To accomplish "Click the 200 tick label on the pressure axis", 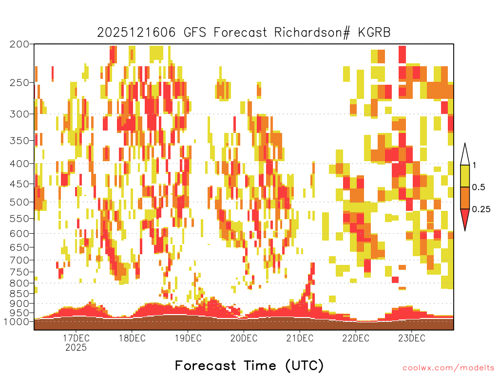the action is (x=19, y=44).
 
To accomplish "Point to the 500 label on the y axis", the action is (x=19, y=202).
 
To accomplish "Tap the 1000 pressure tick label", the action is (x=16, y=322).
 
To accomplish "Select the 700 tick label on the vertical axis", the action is (x=19, y=261).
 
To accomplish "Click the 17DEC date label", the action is (x=76, y=338).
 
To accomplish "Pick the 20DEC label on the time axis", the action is (x=244, y=338).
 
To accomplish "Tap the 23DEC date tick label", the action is (x=411, y=338).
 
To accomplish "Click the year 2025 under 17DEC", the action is (x=76, y=347).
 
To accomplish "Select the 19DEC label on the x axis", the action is (x=188, y=338).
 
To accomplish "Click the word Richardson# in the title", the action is (x=312, y=33).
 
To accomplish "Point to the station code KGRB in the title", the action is (x=374, y=33).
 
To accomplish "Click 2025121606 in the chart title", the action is (x=136, y=33).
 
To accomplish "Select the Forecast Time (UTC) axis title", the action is (x=249, y=366).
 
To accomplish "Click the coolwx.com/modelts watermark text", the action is (x=448, y=368).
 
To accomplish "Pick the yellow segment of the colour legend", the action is (x=465, y=176).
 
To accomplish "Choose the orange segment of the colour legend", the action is (x=465, y=198).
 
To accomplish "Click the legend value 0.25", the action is (x=481, y=209).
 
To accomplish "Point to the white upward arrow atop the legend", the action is (x=465, y=155).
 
